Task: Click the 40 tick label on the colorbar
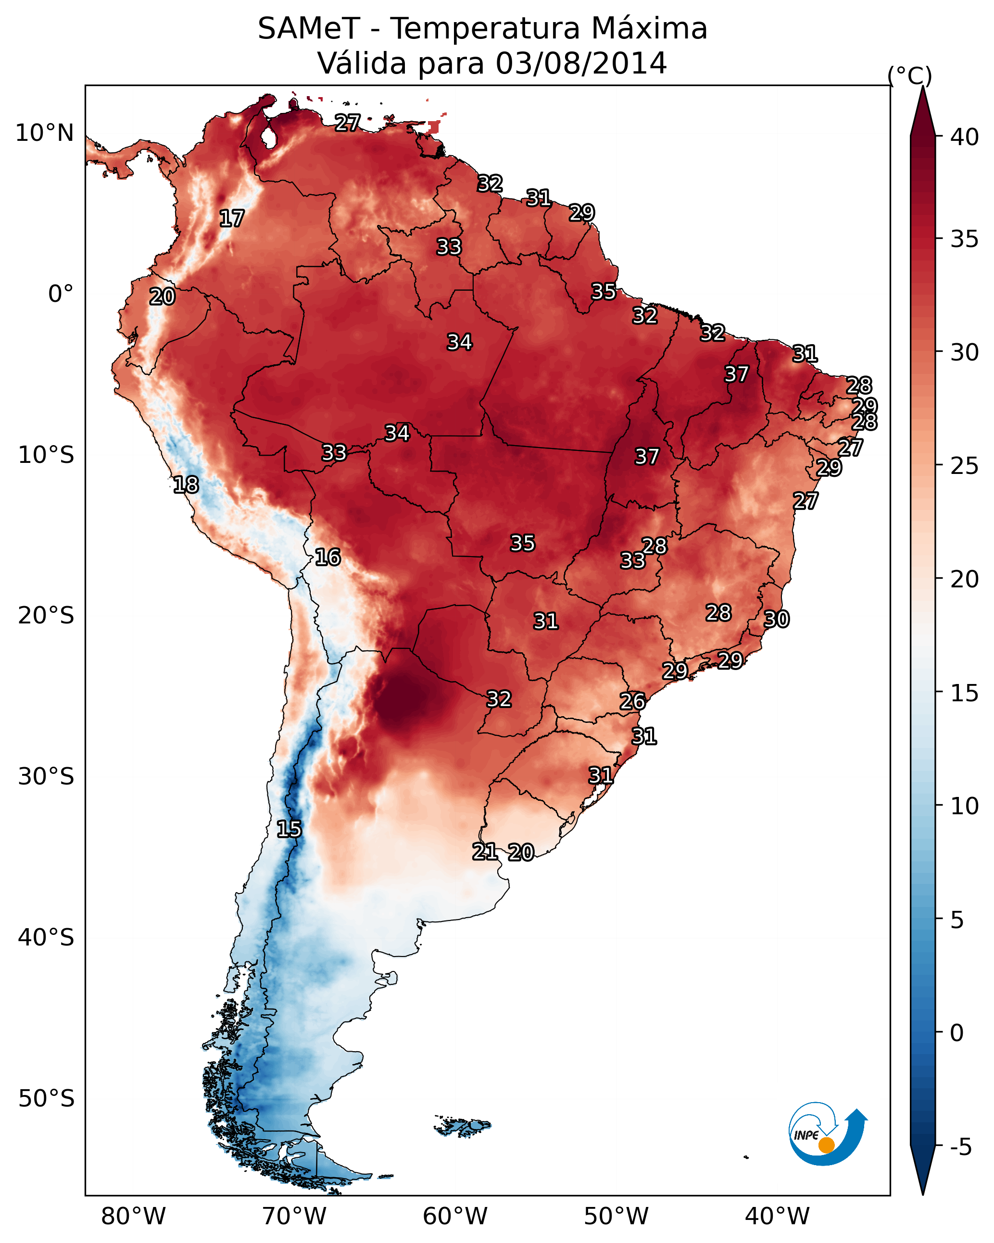[965, 137]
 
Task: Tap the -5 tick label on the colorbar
[960, 1147]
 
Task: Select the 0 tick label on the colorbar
[956, 1032]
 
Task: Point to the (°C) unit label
[909, 75]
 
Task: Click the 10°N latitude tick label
[44, 133]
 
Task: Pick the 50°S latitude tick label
[46, 1098]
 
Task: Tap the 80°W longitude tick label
[133, 1216]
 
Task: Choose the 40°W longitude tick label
[777, 1216]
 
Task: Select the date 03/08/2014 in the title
[581, 63]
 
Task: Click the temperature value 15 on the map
[289, 829]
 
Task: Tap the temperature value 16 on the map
[327, 557]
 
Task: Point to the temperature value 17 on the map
[232, 219]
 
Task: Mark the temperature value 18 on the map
[186, 485]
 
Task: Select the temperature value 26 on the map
[632, 701]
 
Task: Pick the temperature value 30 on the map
[776, 619]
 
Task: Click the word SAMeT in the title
[309, 28]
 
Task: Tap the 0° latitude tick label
[61, 294]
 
